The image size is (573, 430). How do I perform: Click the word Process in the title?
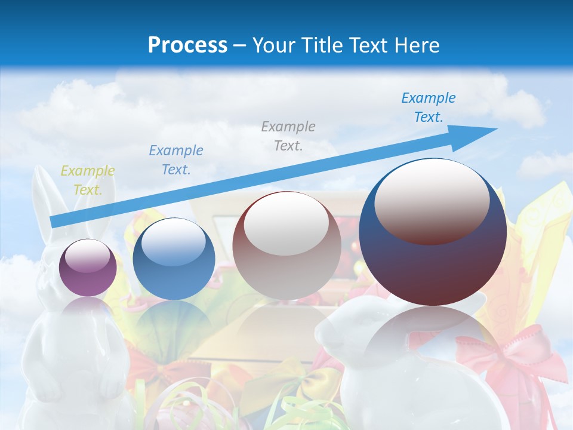(187, 45)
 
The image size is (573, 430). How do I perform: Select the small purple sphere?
(88, 268)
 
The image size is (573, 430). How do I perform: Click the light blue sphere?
(174, 259)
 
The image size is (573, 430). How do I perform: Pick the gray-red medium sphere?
(286, 245)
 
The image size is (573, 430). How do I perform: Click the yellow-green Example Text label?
(87, 180)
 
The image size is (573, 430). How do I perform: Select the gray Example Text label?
(288, 136)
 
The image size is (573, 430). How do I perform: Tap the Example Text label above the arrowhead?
(429, 107)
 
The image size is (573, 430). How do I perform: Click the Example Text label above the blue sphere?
(176, 160)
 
